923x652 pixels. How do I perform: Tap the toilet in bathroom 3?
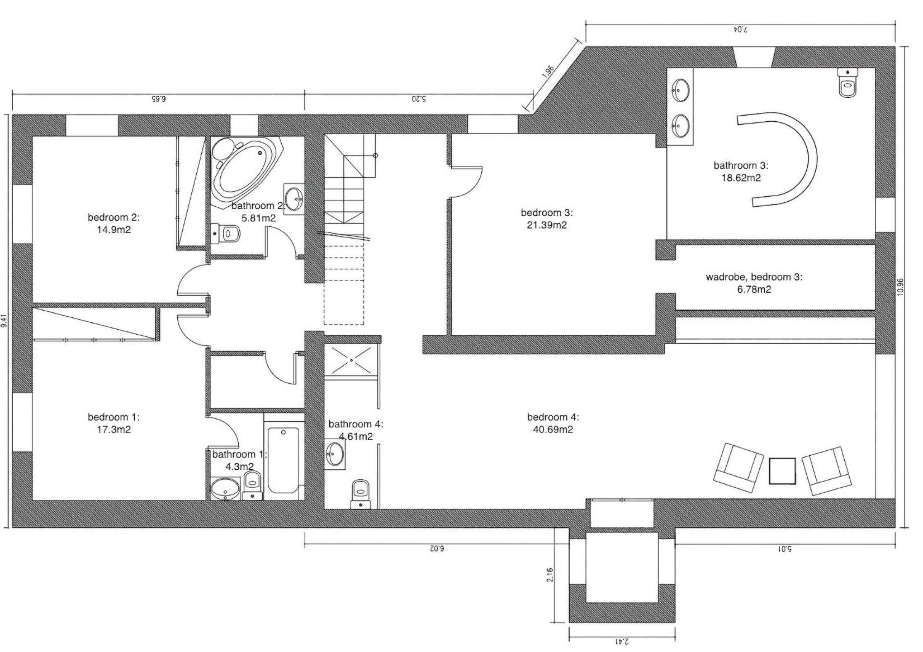(x=848, y=83)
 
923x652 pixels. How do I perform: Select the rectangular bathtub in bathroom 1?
(x=283, y=459)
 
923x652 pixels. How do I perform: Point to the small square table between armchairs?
(x=782, y=471)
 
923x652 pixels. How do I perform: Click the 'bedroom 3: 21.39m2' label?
(x=547, y=219)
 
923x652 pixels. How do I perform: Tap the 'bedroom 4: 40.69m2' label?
(x=553, y=423)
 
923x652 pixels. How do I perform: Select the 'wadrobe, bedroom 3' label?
(x=754, y=277)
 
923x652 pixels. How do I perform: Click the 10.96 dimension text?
(x=900, y=287)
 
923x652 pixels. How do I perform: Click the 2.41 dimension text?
(x=621, y=641)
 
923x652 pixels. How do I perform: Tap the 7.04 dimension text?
(x=740, y=29)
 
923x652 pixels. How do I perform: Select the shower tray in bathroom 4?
(x=351, y=360)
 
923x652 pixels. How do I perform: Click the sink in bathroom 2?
(x=294, y=199)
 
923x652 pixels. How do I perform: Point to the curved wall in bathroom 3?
(x=802, y=159)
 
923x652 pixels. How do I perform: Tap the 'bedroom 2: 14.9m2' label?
(x=114, y=223)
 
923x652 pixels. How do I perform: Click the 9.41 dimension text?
(x=4, y=321)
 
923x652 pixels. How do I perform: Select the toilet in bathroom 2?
(x=225, y=233)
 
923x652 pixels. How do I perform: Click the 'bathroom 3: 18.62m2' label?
(x=741, y=171)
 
